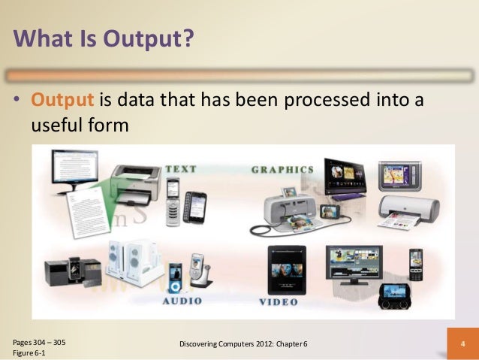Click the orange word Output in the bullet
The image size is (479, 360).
(x=59, y=99)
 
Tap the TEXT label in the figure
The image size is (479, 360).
(x=181, y=170)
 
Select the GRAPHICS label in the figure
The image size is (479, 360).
(x=283, y=170)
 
